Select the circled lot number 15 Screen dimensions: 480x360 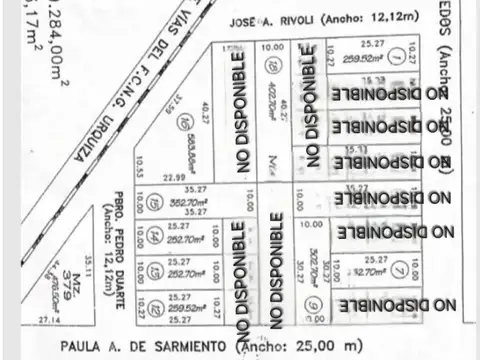(x=153, y=203)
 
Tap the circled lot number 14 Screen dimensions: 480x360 (x=153, y=237)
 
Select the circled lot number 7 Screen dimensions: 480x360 (x=399, y=268)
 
